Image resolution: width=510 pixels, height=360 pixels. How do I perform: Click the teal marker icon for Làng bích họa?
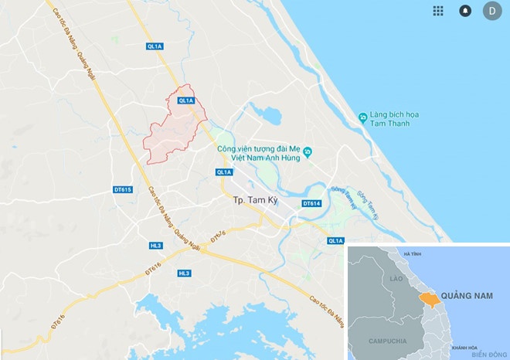point(362,117)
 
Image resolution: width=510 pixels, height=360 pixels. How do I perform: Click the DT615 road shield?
point(122,189)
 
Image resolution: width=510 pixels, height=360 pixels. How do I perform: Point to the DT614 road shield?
point(311,203)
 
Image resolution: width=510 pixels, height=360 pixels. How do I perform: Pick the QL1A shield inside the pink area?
point(185,100)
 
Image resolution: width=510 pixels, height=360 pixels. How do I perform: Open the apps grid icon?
point(438,11)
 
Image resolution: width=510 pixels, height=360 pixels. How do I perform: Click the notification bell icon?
point(465,11)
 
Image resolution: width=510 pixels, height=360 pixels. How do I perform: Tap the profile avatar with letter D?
point(491,11)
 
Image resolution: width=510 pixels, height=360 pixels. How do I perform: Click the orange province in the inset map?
point(427,297)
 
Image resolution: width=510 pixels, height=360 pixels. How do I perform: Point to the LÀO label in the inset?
point(397,278)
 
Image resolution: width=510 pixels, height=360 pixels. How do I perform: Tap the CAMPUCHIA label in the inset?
point(388,340)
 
